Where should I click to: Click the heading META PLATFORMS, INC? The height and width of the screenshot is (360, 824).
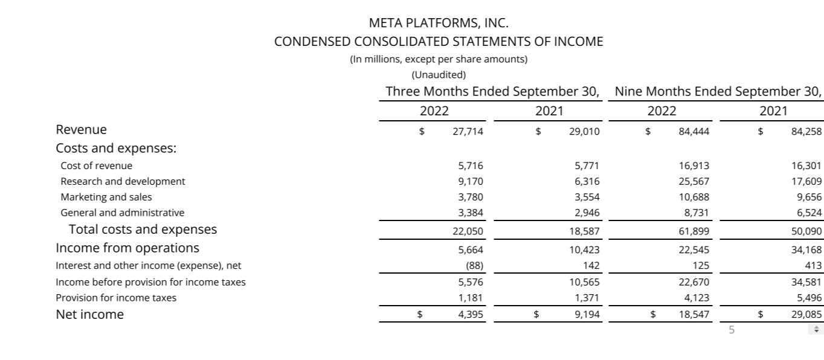pos(439,24)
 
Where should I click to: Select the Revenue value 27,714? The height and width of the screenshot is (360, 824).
pos(468,130)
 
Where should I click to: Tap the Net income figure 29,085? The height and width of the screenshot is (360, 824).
pos(806,314)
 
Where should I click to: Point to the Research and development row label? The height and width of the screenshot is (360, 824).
pos(123,181)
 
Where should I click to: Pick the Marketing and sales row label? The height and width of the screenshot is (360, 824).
pos(106,197)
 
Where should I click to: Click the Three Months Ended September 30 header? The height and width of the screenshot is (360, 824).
pos(492,92)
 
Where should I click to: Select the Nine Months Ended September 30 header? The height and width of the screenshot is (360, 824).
pos(718,92)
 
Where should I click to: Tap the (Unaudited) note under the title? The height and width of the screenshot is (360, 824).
pos(439,75)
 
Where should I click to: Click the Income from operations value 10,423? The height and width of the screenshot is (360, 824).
pos(584,249)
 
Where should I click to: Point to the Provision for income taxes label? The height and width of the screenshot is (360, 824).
pos(116,298)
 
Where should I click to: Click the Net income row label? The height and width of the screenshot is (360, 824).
pos(89,314)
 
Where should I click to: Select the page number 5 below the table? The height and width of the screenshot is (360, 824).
pos(732,330)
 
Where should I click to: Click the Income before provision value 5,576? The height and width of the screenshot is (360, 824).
pos(471,282)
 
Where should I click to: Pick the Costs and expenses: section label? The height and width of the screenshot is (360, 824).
pos(116,149)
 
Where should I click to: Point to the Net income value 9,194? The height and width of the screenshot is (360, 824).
pos(587,314)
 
